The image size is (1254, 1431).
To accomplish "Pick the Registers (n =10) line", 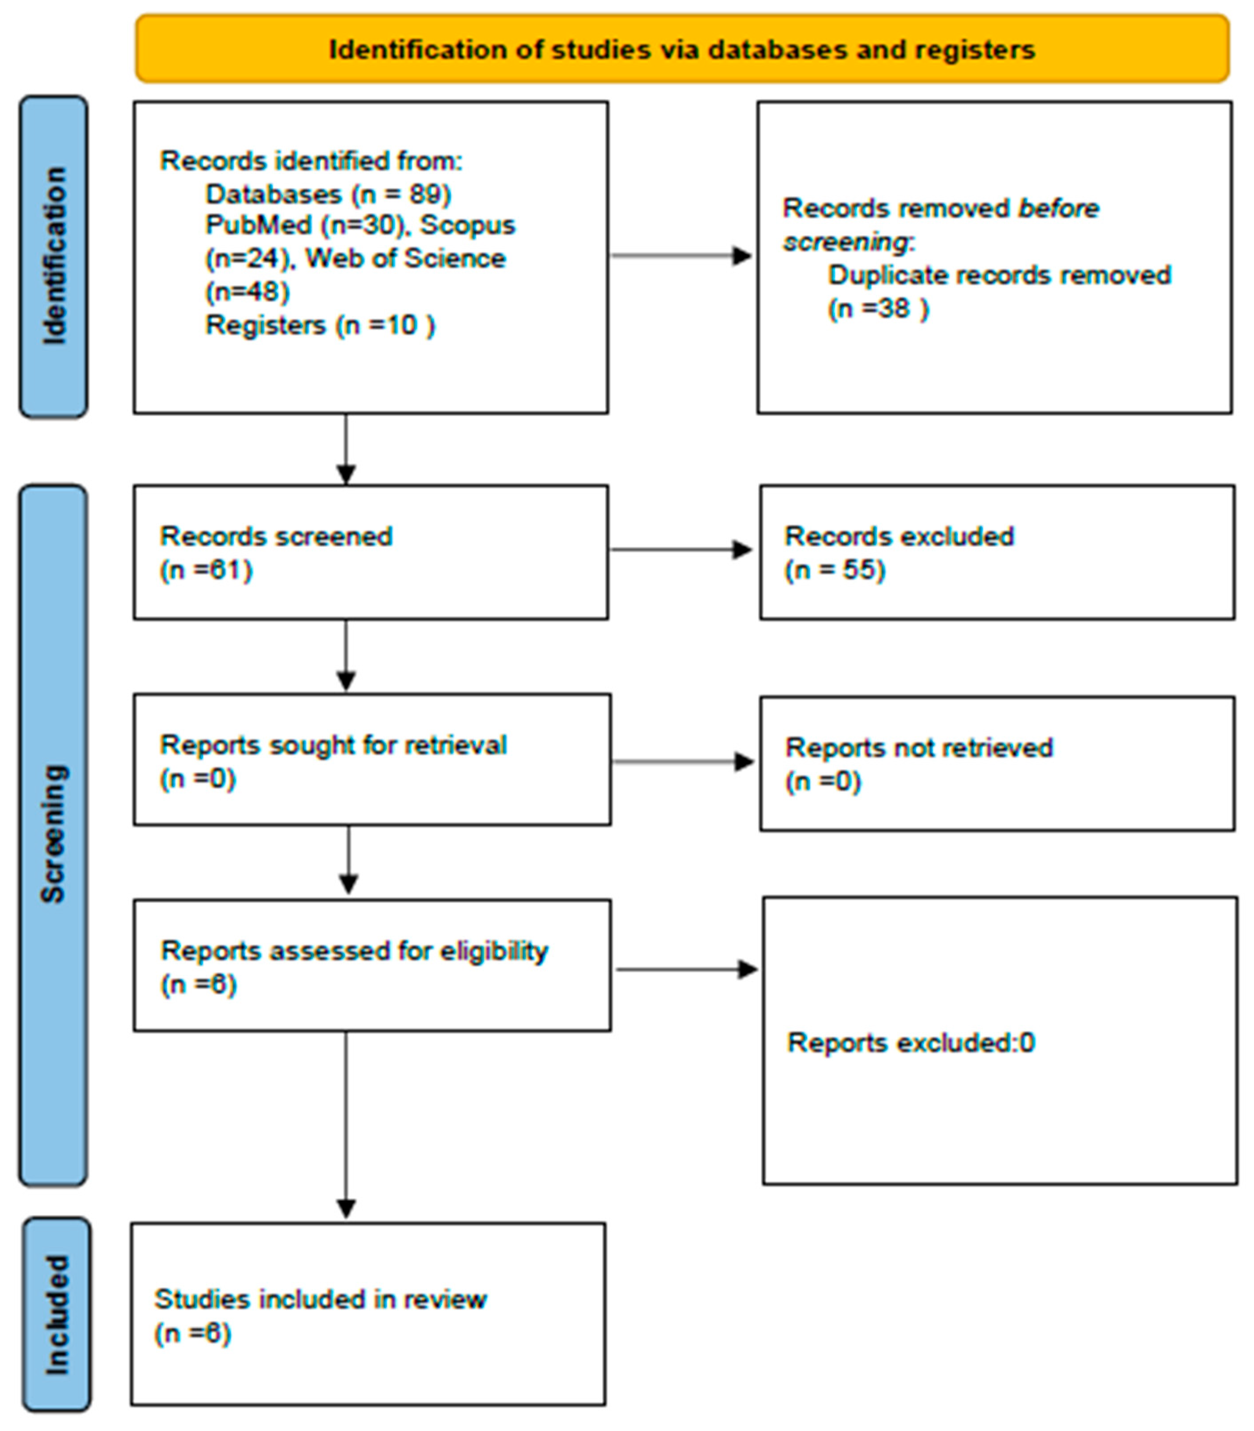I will [x=320, y=325].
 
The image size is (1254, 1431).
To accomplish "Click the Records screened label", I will [x=276, y=536].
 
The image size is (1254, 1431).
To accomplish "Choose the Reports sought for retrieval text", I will [x=333, y=745].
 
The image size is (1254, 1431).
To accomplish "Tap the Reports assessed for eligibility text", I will [x=354, y=950].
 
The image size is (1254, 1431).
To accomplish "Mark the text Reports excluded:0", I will [x=911, y=1043].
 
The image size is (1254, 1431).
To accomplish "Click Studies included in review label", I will [x=320, y=1299].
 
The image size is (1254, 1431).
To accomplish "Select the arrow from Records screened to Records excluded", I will [x=681, y=549].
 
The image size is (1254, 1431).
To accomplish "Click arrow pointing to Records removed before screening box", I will [x=681, y=255].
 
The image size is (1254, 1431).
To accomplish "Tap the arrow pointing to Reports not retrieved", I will [x=682, y=761].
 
